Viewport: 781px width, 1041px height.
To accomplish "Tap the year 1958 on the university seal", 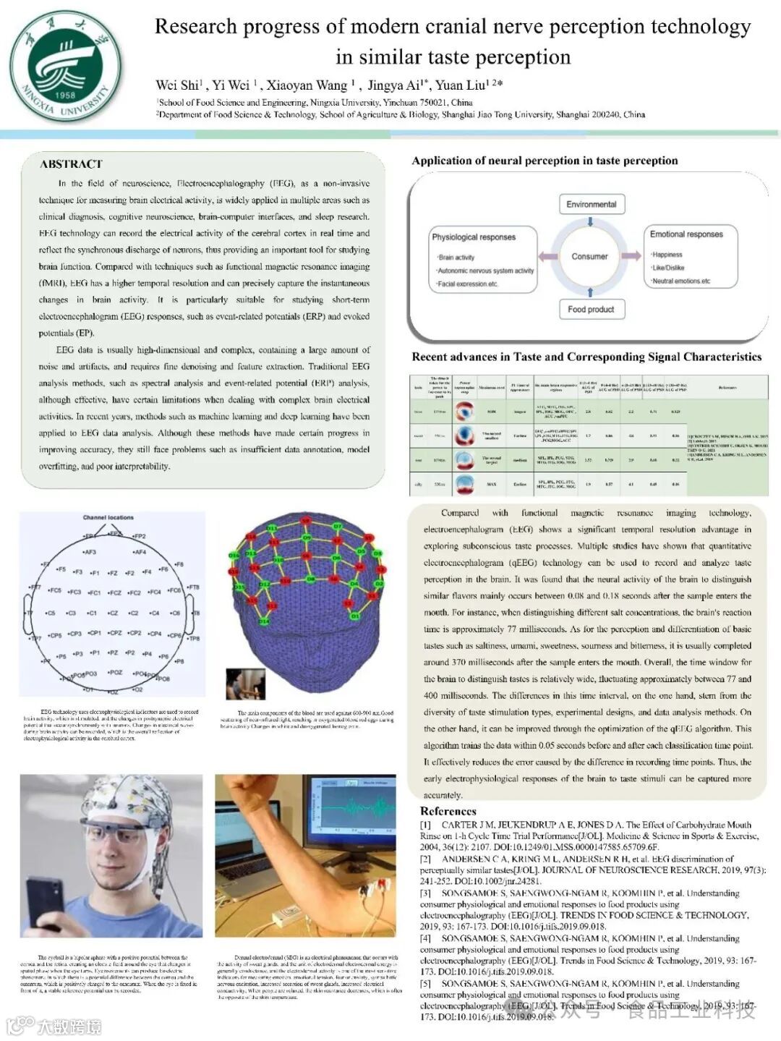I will pyautogui.click(x=64, y=95).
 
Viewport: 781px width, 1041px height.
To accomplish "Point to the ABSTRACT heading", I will pyautogui.click(x=71, y=164).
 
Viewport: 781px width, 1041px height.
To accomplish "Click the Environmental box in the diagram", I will pyautogui.click(x=591, y=205).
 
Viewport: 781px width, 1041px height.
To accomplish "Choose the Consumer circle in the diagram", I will pyautogui.click(x=589, y=256).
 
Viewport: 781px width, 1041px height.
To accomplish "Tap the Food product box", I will pyautogui.click(x=591, y=310).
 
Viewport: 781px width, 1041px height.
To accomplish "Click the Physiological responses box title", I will pyautogui.click(x=474, y=237).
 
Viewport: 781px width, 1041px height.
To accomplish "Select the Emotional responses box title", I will pyautogui.click(x=686, y=234).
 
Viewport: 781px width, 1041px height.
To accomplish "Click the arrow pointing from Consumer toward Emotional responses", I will pyautogui.click(x=631, y=255).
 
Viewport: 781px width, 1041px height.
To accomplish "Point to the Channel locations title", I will pyautogui.click(x=108, y=517).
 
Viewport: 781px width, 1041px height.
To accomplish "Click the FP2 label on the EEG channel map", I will pyautogui.click(x=139, y=536).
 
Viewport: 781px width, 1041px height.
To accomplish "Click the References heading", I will pyautogui.click(x=448, y=811).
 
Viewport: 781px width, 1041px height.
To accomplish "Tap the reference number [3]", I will pyautogui.click(x=425, y=893).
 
